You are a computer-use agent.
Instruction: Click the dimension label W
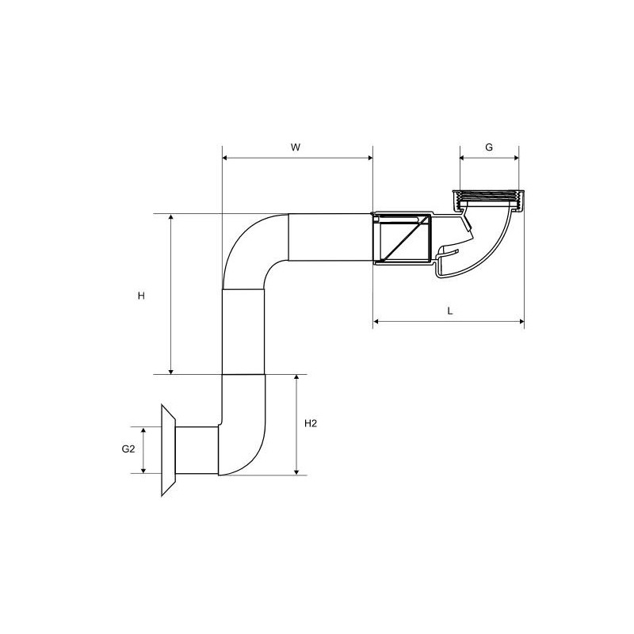click(296, 147)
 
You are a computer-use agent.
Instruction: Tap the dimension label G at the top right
click(489, 147)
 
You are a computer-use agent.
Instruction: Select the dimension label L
click(450, 311)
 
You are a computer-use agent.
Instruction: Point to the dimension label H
click(141, 296)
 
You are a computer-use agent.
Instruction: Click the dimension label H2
click(311, 423)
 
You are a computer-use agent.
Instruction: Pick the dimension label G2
click(128, 449)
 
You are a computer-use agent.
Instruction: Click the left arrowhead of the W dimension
click(225, 158)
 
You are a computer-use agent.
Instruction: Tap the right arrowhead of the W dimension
click(369, 158)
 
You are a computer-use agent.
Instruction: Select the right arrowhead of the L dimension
click(521, 322)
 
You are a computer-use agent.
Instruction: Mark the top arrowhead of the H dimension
click(171, 217)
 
